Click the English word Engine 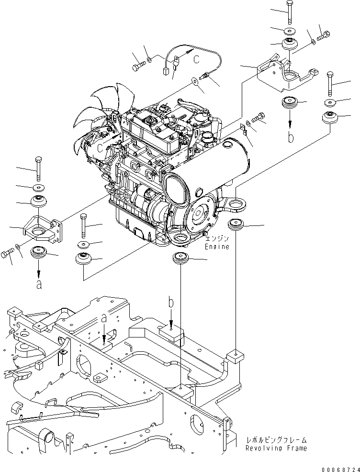(x=217, y=247)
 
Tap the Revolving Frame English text (x=276, y=448)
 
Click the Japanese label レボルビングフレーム (x=276, y=439)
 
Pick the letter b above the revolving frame (x=171, y=303)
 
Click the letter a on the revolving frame (x=104, y=317)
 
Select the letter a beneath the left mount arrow (x=38, y=284)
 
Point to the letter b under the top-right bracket (x=290, y=138)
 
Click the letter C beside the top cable (x=197, y=59)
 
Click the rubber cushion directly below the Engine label (x=181, y=257)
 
